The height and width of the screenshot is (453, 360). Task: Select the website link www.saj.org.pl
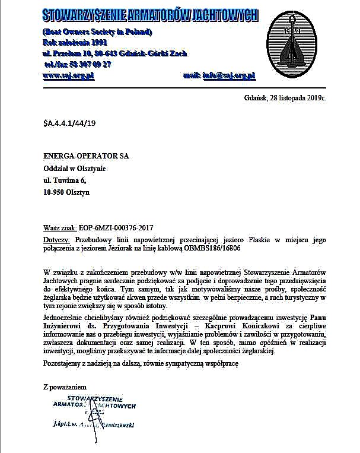[x=69, y=77]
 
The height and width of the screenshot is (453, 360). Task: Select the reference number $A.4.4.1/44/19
[x=69, y=123]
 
